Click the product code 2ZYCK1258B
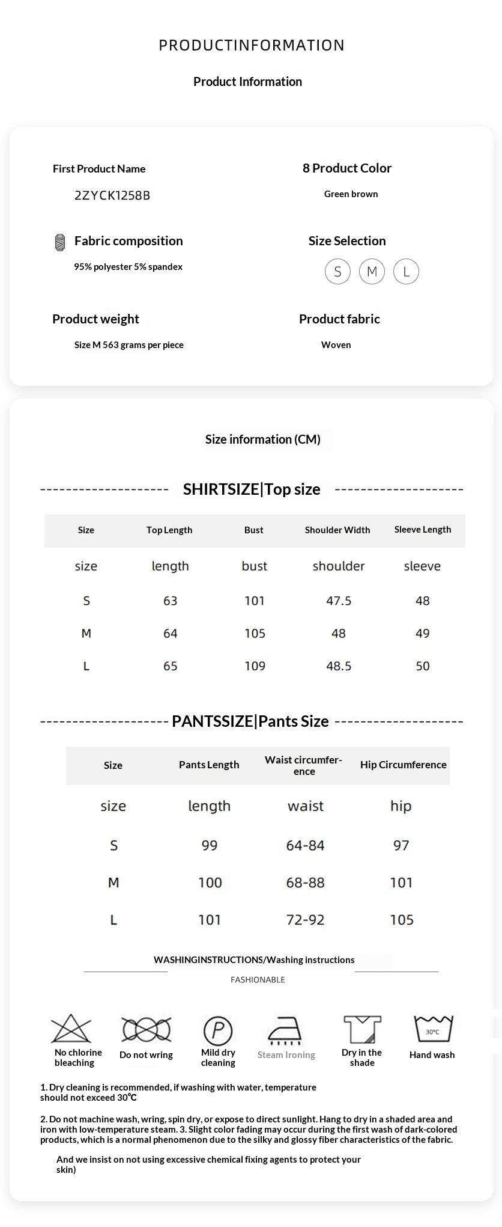coord(112,195)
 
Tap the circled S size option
coord(337,272)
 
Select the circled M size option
coord(372,272)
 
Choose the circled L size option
coord(406,272)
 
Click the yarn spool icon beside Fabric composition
coord(60,242)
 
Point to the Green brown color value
coord(351,194)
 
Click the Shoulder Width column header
coord(337,530)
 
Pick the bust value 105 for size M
coord(255,634)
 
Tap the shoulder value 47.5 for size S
coord(339,601)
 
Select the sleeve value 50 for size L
coord(423,666)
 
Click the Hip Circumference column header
coord(403,765)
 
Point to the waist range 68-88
coord(305,883)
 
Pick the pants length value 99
coord(210,846)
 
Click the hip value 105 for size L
coord(402,920)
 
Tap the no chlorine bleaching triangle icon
coord(71,1029)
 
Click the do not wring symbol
coord(147,1030)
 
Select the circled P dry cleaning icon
coord(218,1030)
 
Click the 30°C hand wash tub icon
coord(432,1029)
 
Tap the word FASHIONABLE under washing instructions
coord(258,980)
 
